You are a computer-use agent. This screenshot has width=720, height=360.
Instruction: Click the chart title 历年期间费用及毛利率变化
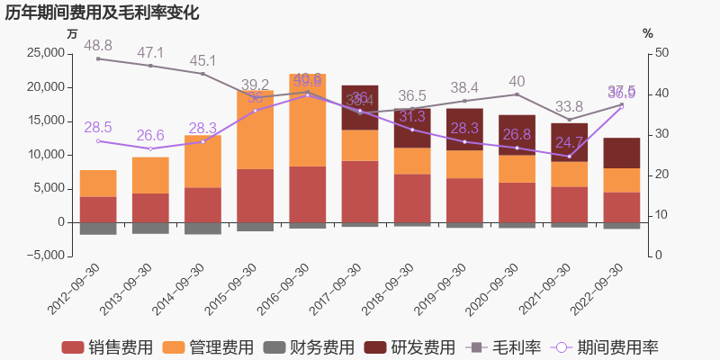point(102,13)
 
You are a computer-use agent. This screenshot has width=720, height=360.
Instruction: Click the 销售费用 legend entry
point(107,347)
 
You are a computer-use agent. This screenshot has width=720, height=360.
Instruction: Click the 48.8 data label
point(98,45)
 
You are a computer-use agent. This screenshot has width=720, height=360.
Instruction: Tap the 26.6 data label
point(150,135)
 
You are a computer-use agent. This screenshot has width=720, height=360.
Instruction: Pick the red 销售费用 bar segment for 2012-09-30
point(98,210)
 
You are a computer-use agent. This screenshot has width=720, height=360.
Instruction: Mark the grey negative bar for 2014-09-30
point(202,229)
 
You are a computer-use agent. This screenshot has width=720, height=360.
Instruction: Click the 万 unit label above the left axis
point(73,33)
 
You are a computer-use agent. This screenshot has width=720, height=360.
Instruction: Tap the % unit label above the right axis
point(647,33)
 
